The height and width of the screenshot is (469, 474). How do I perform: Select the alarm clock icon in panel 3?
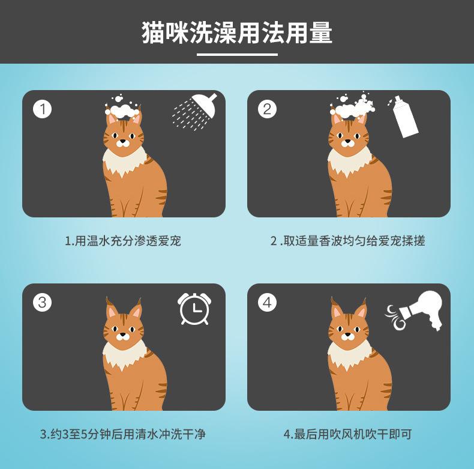tap(194, 309)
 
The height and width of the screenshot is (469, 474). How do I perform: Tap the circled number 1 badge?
tap(43, 109)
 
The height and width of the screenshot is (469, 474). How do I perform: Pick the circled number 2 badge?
tap(267, 109)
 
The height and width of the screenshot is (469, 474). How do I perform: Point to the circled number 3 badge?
tap(43, 302)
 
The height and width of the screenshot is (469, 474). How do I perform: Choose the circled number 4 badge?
tap(267, 302)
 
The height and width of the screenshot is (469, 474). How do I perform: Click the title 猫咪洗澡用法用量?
tap(237, 32)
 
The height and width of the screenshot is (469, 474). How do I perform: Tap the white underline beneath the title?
tap(238, 55)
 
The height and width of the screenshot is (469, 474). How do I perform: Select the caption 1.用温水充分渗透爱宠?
tap(123, 241)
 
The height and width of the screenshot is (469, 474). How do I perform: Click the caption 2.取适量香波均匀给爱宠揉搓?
tap(348, 241)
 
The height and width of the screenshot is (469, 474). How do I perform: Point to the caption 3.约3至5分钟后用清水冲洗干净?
tap(123, 434)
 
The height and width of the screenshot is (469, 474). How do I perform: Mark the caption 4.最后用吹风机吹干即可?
tap(348, 434)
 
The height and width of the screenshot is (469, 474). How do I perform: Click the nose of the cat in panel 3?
tap(123, 334)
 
